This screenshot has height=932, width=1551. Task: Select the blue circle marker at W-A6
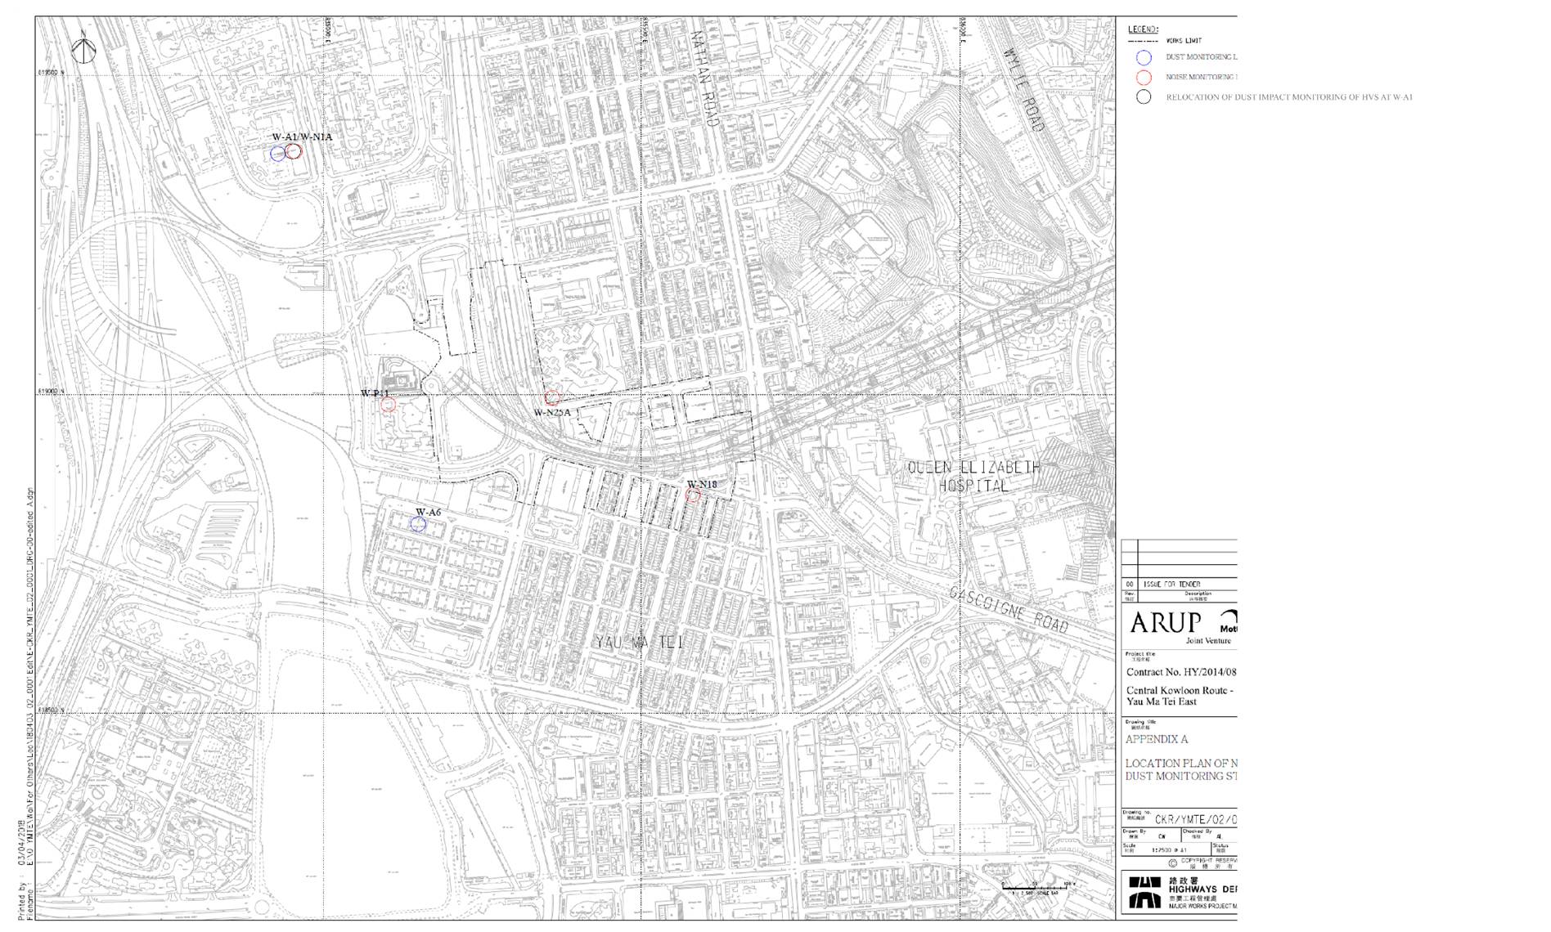[418, 524]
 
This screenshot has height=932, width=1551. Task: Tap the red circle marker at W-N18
[693, 496]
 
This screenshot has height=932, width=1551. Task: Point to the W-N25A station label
[552, 413]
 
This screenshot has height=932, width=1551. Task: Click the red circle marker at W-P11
[389, 405]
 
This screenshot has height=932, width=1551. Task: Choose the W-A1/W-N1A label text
[302, 137]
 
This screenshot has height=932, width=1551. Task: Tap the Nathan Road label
[704, 78]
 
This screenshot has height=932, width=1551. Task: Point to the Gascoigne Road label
[1009, 608]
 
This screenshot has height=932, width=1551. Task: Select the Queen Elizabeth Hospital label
[973, 477]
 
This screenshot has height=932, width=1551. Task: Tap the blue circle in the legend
[1144, 57]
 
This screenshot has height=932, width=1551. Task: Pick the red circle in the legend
[1144, 78]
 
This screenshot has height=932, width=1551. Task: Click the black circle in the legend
[1144, 97]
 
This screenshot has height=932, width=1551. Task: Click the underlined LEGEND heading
[1142, 29]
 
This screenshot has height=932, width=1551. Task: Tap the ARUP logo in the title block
[1165, 623]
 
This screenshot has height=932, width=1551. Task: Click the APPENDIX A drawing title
[1156, 739]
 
